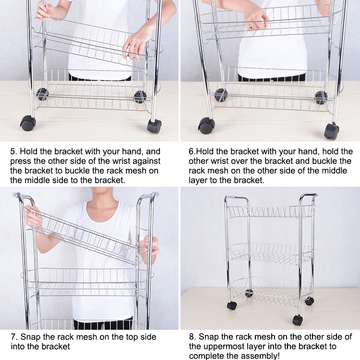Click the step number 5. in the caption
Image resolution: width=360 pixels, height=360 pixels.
[x=13, y=152]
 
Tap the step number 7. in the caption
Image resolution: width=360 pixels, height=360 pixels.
[x=14, y=337]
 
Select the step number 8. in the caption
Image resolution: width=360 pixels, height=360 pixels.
[x=192, y=337]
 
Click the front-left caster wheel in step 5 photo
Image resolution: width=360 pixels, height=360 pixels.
[x=28, y=123]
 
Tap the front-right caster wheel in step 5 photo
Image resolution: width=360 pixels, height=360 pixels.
[x=154, y=126]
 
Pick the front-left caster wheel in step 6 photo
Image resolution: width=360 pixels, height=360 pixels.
[x=206, y=126]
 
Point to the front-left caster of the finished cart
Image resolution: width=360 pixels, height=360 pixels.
[x=232, y=306]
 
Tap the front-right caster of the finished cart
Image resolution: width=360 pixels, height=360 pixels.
[x=298, y=320]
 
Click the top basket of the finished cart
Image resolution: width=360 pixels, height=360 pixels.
[x=270, y=212]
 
